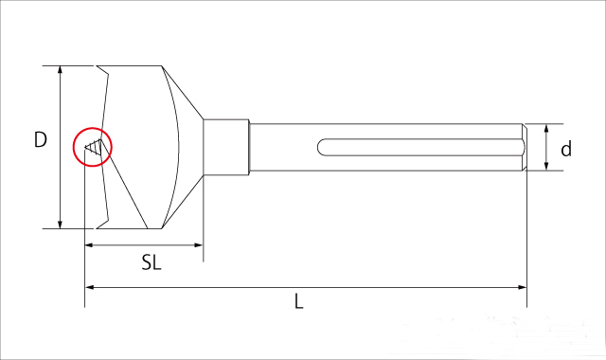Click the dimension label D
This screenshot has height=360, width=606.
pos(41,139)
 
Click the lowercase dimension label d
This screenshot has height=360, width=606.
pos(566,149)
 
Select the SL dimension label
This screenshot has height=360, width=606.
pos(151,262)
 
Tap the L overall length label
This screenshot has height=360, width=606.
pos(299,301)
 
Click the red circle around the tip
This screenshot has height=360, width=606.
pos(93,128)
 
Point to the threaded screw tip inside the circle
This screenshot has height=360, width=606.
pos(94,147)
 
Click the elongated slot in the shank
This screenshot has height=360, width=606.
pos(420,148)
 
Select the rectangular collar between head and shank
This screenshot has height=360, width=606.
pos(226,148)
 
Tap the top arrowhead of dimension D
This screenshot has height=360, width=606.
pos(60,69)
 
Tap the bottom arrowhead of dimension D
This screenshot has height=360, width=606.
pos(60,225)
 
